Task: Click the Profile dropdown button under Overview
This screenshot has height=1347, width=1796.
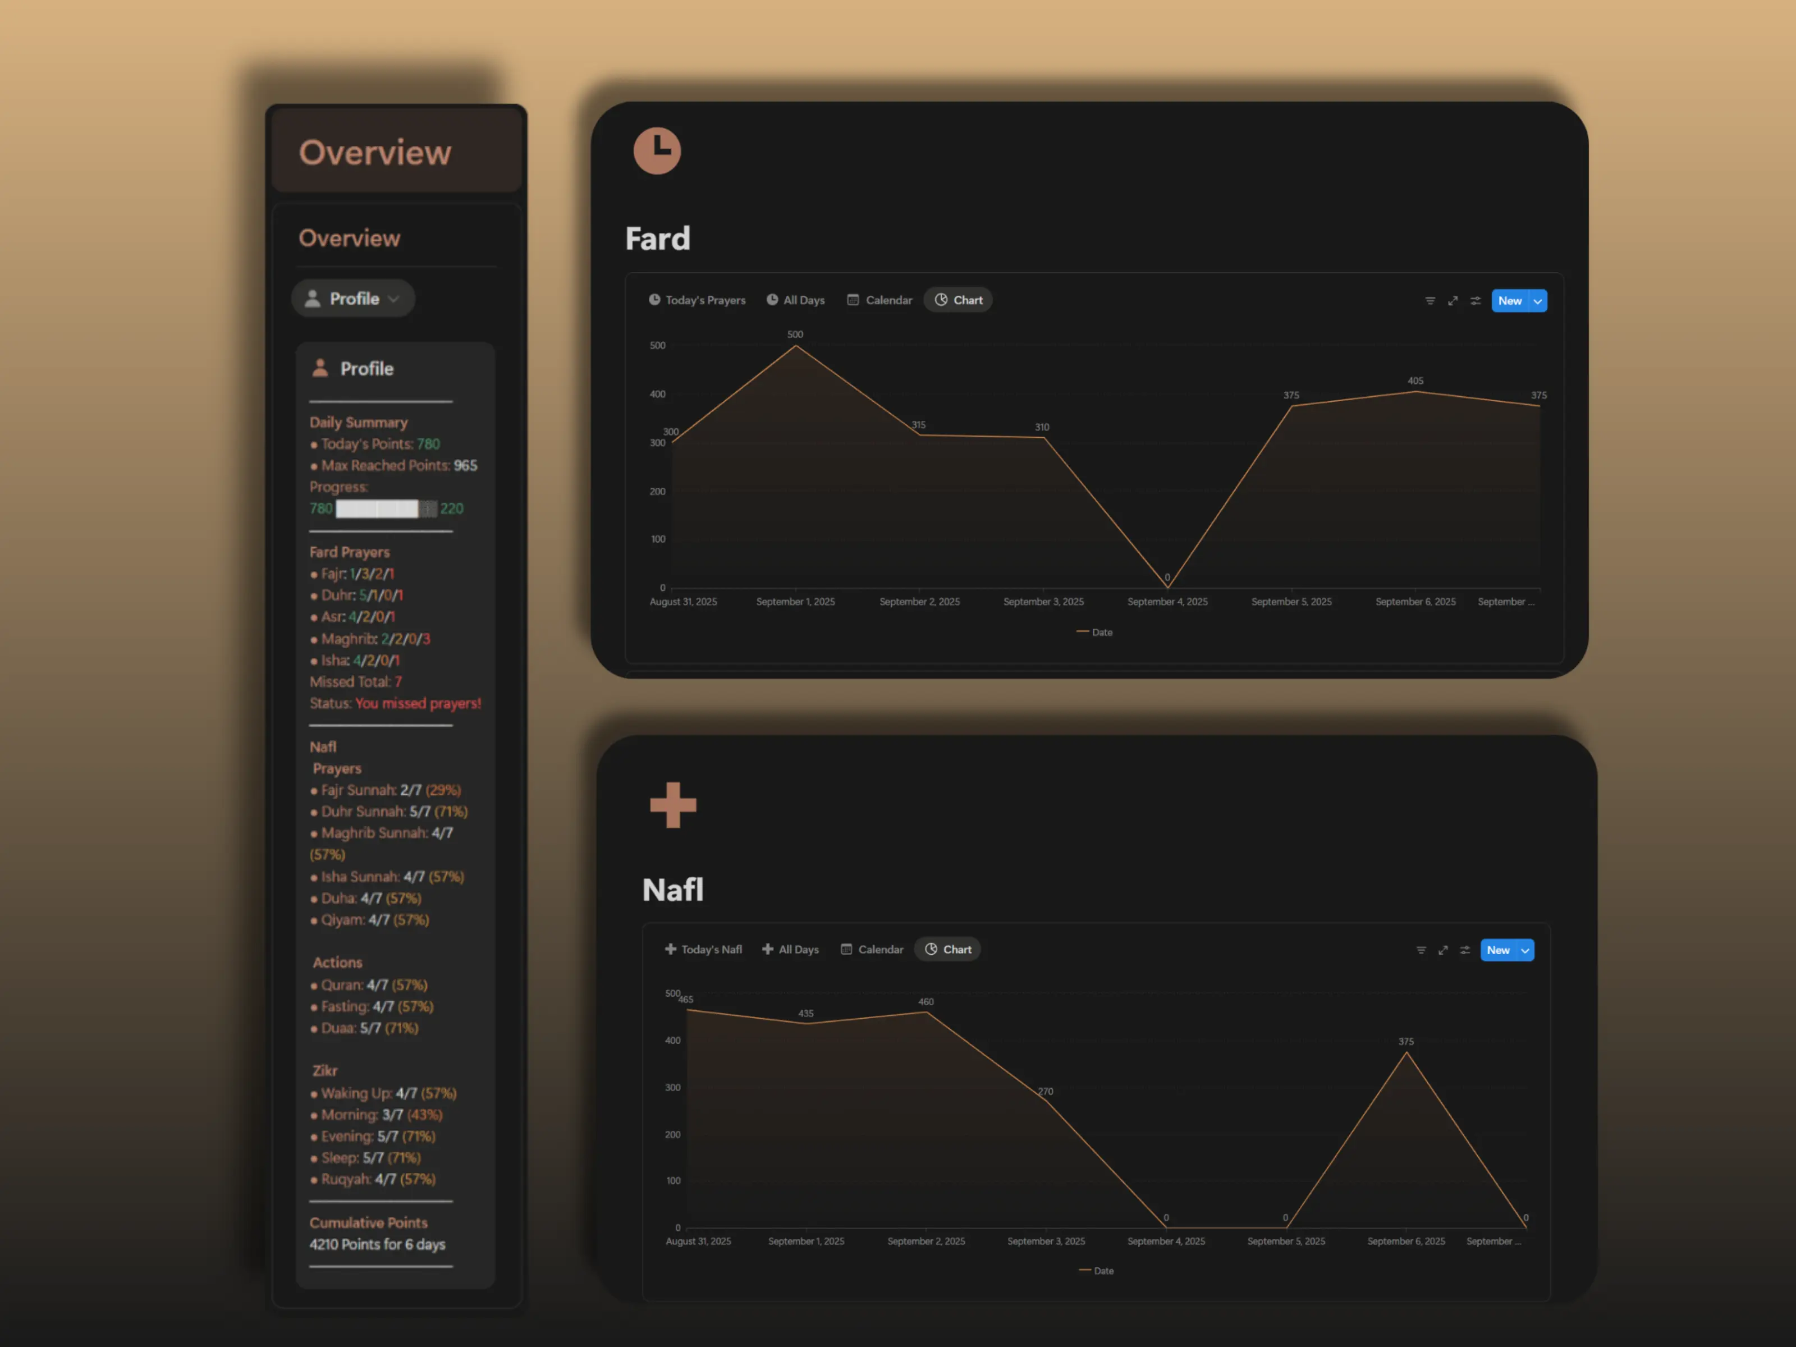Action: tap(353, 299)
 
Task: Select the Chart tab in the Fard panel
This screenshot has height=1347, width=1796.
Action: tap(958, 300)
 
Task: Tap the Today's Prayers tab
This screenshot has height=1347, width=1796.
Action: tap(697, 300)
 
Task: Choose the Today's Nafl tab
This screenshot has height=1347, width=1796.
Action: tap(703, 949)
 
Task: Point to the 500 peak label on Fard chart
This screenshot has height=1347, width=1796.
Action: tap(795, 335)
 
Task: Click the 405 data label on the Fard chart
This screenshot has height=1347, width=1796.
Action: tap(1415, 381)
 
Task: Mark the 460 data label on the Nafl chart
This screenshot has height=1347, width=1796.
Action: tap(926, 1002)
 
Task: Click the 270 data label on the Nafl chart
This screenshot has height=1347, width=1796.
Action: tap(1046, 1091)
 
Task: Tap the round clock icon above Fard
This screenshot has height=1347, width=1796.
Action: tap(657, 151)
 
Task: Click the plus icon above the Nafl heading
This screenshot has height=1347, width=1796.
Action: tap(673, 805)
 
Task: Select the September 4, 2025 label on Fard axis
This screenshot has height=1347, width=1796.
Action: tap(1167, 602)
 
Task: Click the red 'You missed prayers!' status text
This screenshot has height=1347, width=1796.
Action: tap(418, 703)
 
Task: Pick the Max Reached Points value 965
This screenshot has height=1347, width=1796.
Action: tap(466, 465)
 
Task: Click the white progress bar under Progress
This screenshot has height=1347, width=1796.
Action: tap(377, 509)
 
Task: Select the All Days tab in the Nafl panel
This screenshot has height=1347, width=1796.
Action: tap(790, 949)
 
